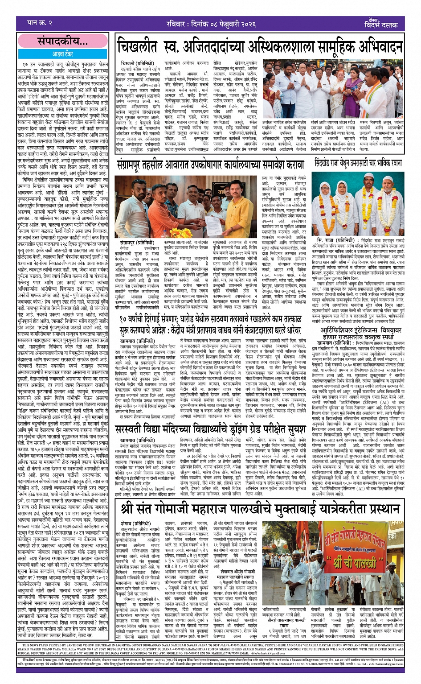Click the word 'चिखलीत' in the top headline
coord(141,47)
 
